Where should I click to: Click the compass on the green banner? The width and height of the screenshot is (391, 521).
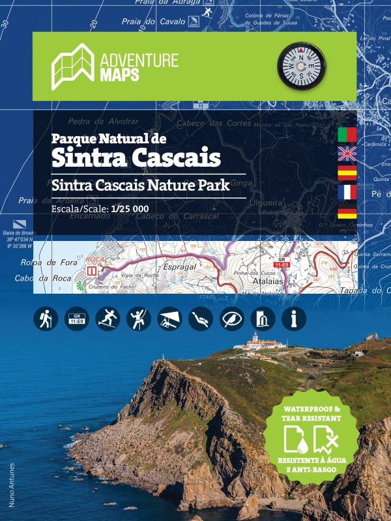(x=301, y=65)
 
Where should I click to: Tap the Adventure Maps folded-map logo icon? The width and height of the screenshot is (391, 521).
(x=73, y=65)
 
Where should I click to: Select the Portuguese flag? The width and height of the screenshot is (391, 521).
(x=347, y=135)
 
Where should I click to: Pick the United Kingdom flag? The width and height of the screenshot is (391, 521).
(x=347, y=154)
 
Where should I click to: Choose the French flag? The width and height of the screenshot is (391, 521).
(x=347, y=191)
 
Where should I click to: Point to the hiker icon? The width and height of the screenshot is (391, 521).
(x=45, y=318)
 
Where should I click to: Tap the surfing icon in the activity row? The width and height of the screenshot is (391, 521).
(x=108, y=318)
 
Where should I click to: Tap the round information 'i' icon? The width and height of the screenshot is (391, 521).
(x=294, y=318)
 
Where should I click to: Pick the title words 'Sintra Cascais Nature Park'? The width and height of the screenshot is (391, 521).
(x=141, y=184)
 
